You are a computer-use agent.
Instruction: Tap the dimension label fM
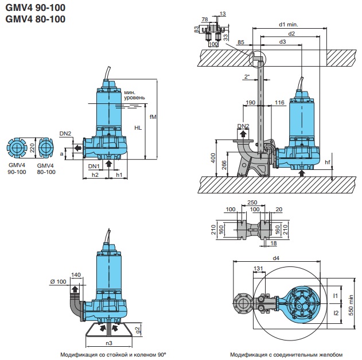(152, 118)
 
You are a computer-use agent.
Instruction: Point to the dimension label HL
(138, 127)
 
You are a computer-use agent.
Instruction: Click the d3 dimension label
(282, 42)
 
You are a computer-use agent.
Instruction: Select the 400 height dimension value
(213, 157)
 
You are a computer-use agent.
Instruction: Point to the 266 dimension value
(224, 164)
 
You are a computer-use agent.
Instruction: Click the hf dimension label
(328, 161)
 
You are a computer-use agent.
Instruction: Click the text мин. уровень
(131, 96)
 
